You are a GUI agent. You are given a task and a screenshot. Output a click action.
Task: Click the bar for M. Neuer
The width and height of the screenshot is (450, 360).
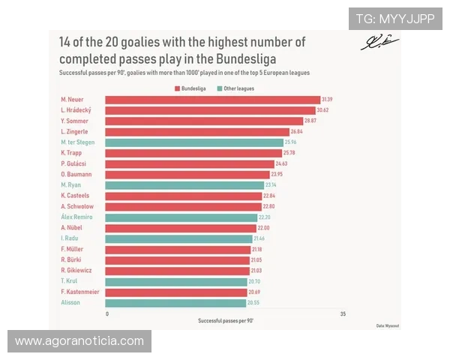212,99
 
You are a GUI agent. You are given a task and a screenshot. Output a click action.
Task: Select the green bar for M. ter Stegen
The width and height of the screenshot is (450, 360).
194,142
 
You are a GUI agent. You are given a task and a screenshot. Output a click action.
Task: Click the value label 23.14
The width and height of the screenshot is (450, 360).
271,185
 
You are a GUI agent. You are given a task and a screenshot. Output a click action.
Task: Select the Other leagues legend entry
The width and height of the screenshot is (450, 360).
235,88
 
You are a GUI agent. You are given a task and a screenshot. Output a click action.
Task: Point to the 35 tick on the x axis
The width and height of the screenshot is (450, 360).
343,313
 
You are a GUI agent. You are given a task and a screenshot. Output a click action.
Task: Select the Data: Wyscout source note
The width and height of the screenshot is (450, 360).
388,325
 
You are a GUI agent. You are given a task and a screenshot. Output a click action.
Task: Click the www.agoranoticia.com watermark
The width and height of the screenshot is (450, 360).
79,341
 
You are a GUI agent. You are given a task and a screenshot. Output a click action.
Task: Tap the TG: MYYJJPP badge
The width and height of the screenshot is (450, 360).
394,18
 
